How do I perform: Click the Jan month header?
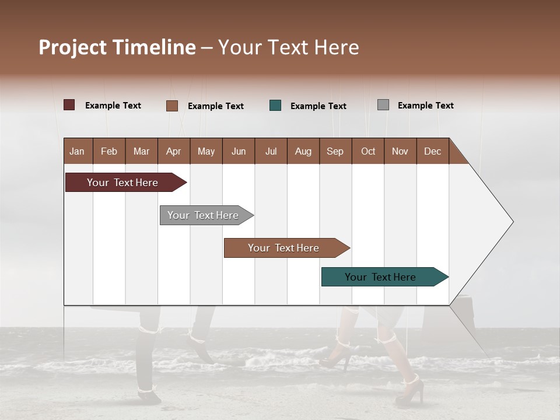pyautogui.click(x=77, y=151)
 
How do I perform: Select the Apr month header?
pyautogui.click(x=173, y=151)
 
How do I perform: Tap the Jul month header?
pyautogui.click(x=271, y=151)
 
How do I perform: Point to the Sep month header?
pyautogui.click(x=335, y=151)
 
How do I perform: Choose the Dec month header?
pyautogui.click(x=432, y=151)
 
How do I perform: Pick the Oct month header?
pyautogui.click(x=368, y=151)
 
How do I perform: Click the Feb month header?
pyautogui.click(x=109, y=151)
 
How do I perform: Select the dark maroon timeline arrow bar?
pyautogui.click(x=123, y=183)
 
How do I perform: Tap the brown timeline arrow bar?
pyautogui.click(x=283, y=248)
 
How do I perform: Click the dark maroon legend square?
pyautogui.click(x=69, y=105)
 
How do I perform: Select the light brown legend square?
pyautogui.click(x=171, y=106)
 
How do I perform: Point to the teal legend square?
pyautogui.click(x=275, y=106)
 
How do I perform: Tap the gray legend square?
pyautogui.click(x=383, y=105)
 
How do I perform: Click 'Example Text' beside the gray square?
pyautogui.click(x=426, y=105)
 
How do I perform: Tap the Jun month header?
pyautogui.click(x=239, y=151)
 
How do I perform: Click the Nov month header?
pyautogui.click(x=400, y=151)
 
